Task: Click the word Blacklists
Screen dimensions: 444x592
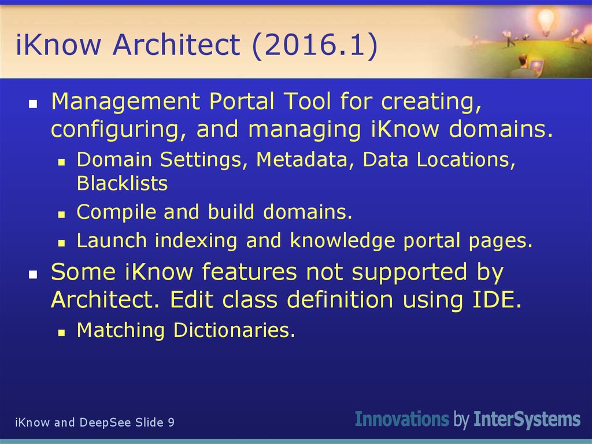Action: [122, 184]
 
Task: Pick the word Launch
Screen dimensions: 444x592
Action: [112, 240]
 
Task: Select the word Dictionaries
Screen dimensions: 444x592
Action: [234, 330]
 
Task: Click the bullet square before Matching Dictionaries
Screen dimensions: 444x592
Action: [61, 332]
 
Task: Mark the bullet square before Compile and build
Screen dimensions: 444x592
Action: [61, 214]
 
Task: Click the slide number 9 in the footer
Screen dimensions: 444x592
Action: [171, 423]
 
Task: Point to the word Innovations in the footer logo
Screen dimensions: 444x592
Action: [402, 419]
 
